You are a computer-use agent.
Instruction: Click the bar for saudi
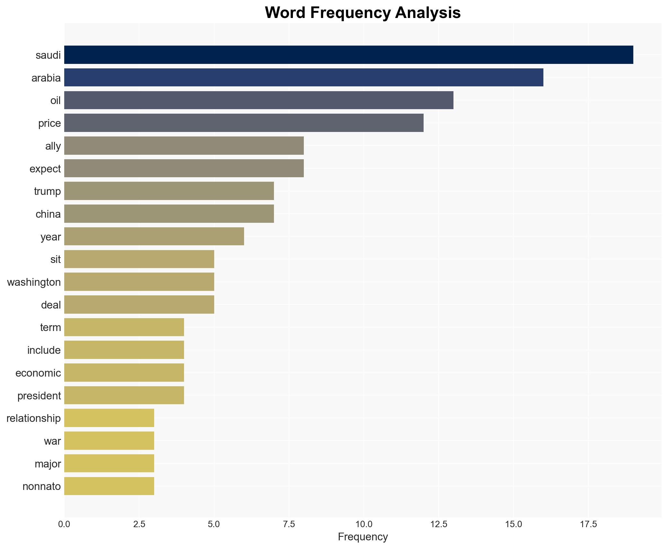coord(348,55)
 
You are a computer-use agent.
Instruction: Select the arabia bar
coord(303,77)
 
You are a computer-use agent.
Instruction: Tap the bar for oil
coord(259,100)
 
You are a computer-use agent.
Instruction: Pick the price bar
coord(244,123)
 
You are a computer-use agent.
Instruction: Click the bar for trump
coord(169,191)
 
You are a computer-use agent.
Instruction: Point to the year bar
coord(154,237)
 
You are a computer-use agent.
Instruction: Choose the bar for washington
coord(139,282)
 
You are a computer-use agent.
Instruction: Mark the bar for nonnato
coord(109,486)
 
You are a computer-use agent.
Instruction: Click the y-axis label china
coord(48,214)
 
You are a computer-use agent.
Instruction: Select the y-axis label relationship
coord(34,418)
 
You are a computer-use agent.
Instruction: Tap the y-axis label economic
coord(38,373)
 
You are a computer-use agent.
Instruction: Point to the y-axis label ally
coord(53,146)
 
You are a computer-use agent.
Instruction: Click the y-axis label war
coord(52,441)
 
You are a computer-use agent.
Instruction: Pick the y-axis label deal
coord(51,305)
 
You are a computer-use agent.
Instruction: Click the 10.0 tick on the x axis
coord(364,524)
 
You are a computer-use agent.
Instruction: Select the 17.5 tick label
coord(588,524)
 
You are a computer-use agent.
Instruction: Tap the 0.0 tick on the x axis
coord(64,524)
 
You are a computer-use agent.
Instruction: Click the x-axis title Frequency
coord(363,537)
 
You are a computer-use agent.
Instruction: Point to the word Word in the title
coord(285,13)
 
